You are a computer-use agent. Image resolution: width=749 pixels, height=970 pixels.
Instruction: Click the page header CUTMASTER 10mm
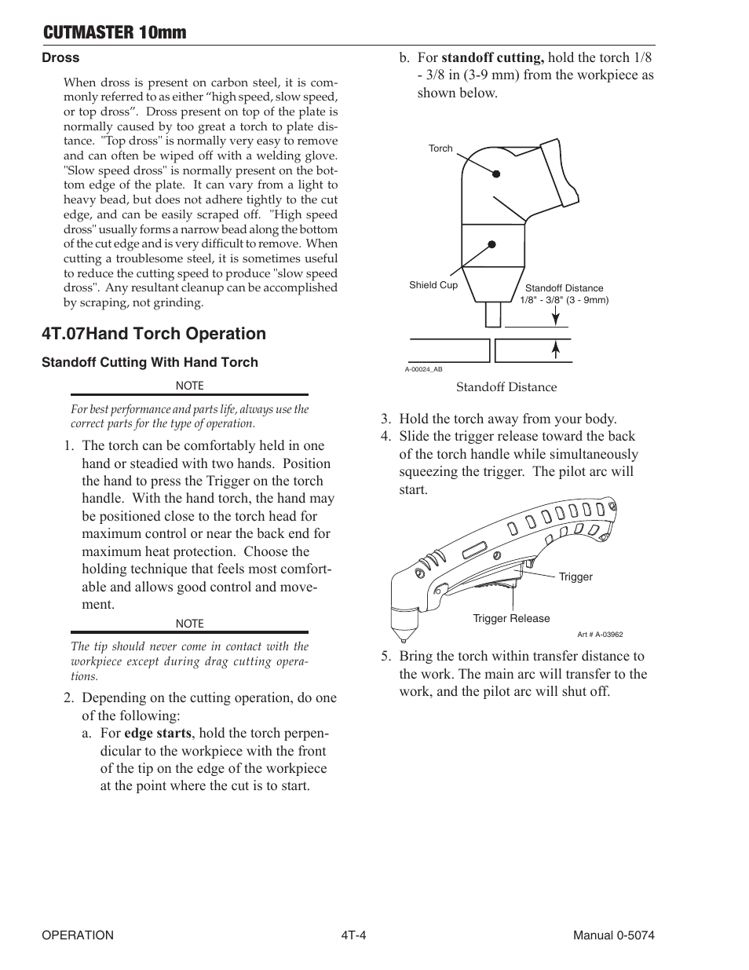(x=115, y=32)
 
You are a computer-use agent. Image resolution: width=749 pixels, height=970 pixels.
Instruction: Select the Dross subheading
(x=60, y=57)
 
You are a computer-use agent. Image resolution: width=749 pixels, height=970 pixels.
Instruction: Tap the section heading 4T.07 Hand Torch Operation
(x=154, y=334)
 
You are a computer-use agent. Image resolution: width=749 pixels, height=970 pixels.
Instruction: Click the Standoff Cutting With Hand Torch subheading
(x=150, y=362)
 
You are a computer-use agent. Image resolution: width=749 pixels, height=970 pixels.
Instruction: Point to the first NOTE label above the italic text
(x=189, y=386)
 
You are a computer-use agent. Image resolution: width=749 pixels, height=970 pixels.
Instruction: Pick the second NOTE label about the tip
(x=189, y=624)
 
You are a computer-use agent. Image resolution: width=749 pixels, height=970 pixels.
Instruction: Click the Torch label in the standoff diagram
(x=440, y=148)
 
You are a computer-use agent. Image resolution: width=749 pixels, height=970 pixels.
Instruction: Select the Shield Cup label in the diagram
(x=433, y=285)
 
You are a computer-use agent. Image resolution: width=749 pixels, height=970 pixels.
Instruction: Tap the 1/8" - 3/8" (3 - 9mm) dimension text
(x=564, y=300)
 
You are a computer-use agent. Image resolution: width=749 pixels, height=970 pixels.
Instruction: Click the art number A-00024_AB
(x=424, y=369)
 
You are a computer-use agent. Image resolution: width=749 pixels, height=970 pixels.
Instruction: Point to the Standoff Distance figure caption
(x=506, y=387)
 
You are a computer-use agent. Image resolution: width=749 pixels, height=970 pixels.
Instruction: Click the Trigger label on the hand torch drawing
(x=575, y=577)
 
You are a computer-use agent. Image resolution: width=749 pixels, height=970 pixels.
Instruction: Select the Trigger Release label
(x=511, y=618)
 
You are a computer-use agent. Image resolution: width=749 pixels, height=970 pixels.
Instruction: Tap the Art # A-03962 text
(x=600, y=635)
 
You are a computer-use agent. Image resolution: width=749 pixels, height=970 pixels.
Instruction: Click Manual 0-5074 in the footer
(x=613, y=935)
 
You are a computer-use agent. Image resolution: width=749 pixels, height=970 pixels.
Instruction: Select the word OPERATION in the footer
(x=78, y=935)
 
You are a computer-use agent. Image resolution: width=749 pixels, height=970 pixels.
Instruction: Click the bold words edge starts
(x=157, y=733)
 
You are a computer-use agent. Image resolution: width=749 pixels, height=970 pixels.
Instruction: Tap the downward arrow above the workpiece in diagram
(x=556, y=317)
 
